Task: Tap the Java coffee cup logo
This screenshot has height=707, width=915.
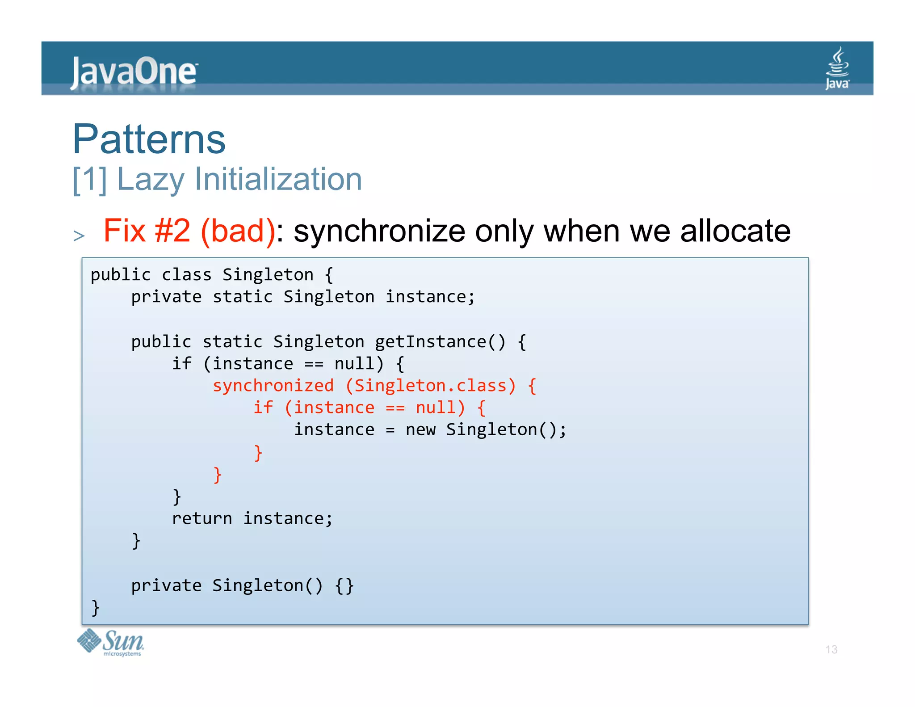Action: (x=837, y=68)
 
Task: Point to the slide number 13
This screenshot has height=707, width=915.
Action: (x=831, y=649)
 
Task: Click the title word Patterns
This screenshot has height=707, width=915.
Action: (x=149, y=139)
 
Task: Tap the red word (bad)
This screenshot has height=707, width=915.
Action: (x=238, y=231)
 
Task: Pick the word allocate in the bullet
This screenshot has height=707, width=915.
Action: (x=735, y=231)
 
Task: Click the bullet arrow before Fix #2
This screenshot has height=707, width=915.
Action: (x=79, y=236)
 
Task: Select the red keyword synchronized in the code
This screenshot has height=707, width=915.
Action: (x=273, y=386)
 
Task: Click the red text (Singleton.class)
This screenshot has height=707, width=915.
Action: (x=431, y=386)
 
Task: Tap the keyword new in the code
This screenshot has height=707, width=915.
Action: (x=420, y=430)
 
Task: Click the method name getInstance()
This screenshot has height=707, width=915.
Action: (x=440, y=342)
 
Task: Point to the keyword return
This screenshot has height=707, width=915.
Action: (x=202, y=518)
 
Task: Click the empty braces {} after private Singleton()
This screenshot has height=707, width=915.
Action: (x=344, y=585)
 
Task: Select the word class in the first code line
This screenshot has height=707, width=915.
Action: (x=186, y=275)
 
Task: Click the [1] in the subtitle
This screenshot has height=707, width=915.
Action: (x=90, y=179)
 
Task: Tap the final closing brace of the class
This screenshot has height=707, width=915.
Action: (x=95, y=608)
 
